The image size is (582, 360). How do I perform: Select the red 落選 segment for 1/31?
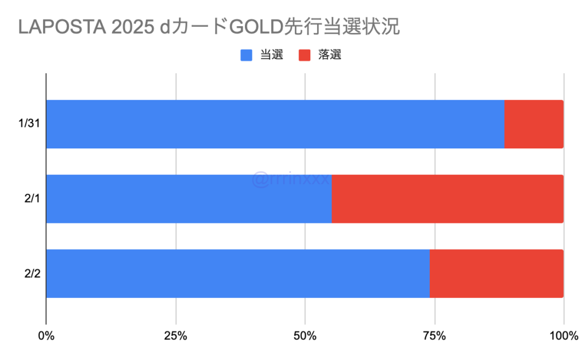534,125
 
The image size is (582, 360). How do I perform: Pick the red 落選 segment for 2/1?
447,199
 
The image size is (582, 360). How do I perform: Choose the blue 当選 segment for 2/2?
238,274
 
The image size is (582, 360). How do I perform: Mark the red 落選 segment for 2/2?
496,274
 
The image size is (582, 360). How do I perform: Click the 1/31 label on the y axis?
28,125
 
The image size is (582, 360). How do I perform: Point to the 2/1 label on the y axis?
31,199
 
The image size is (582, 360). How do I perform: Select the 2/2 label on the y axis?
31,274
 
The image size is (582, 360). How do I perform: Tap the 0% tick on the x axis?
46,336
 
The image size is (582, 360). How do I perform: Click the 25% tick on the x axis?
176,336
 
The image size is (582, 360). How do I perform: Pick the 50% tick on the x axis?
305,336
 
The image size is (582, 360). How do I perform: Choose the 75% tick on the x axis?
435,336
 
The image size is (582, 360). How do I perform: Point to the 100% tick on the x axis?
563,336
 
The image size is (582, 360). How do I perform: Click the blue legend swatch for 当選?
247,55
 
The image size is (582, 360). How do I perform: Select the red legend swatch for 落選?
305,55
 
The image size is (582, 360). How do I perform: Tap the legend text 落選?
330,55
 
